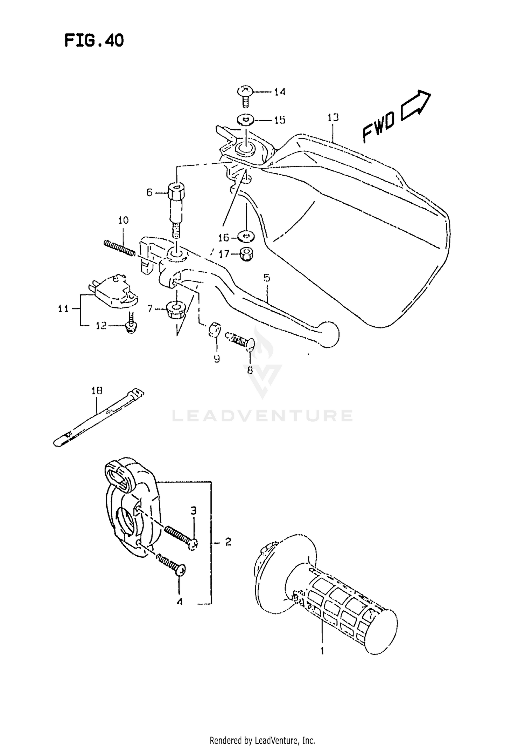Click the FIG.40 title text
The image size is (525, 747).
[x=94, y=41]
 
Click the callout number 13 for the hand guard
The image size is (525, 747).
[x=333, y=117]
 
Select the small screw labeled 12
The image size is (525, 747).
[x=131, y=324]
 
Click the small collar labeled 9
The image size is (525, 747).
[x=214, y=330]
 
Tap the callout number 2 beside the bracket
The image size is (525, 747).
[x=228, y=542]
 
